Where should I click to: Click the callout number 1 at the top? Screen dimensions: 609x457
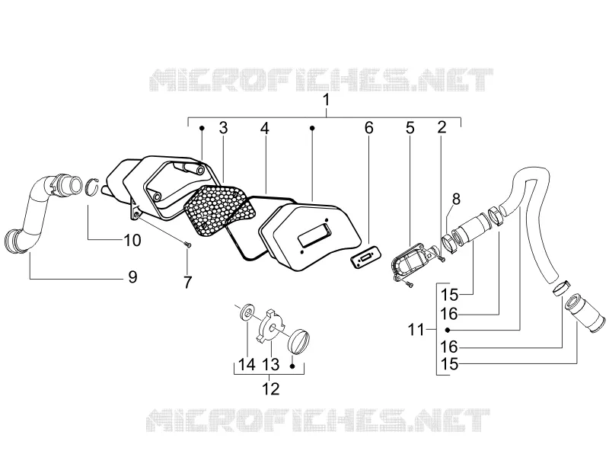pyautogui.click(x=327, y=100)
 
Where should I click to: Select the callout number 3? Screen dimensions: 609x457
pyautogui.click(x=223, y=128)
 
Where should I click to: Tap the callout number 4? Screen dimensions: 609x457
pyautogui.click(x=264, y=128)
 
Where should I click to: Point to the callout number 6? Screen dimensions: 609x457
pyautogui.click(x=368, y=128)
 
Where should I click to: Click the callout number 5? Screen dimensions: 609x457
pyautogui.click(x=410, y=128)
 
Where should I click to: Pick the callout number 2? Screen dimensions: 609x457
pyautogui.click(x=442, y=127)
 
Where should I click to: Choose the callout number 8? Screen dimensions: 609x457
pyautogui.click(x=456, y=199)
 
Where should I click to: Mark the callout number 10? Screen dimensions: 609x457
pyautogui.click(x=132, y=240)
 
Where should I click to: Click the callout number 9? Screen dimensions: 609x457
pyautogui.click(x=132, y=277)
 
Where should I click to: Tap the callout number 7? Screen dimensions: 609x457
pyautogui.click(x=187, y=282)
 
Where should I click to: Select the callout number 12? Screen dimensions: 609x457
pyautogui.click(x=270, y=388)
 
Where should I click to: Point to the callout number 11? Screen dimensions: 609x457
pyautogui.click(x=416, y=330)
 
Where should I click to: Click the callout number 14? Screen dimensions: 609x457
pyautogui.click(x=247, y=365)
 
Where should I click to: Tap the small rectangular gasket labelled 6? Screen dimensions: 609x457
pyautogui.click(x=365, y=257)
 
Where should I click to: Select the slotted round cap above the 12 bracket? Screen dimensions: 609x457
pyautogui.click(x=300, y=341)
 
